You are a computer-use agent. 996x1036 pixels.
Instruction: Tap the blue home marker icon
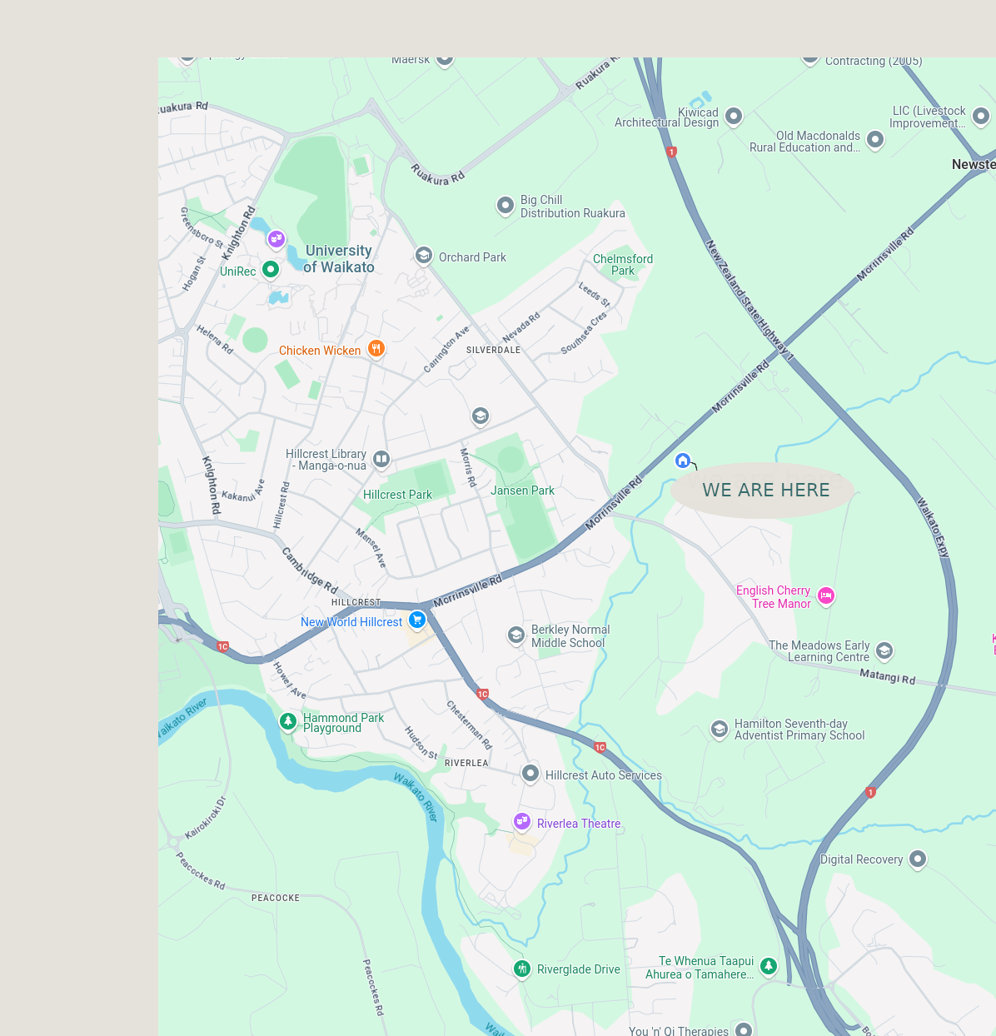[x=683, y=460]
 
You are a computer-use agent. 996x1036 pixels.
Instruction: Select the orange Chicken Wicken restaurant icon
[x=376, y=349]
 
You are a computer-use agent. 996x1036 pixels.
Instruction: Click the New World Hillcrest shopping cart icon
[x=417, y=620]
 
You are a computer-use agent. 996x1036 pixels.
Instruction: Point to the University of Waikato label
[x=339, y=259]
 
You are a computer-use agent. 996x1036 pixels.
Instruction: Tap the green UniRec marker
[x=270, y=270]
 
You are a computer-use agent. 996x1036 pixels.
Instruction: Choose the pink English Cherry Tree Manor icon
[x=826, y=595]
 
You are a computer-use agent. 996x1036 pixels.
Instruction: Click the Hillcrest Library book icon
[x=381, y=458]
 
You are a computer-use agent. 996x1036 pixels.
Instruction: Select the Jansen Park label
[x=522, y=491]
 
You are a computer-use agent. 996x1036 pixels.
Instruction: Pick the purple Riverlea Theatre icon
[x=522, y=822]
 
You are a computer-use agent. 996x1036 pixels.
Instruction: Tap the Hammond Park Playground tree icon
[x=288, y=721]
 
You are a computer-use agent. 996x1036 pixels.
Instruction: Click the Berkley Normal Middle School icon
[x=516, y=635]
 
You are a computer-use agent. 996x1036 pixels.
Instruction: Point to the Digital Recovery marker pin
[x=918, y=858]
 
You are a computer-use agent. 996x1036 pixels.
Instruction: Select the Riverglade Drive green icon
[x=522, y=968]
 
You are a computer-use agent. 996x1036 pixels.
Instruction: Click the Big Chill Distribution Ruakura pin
[x=505, y=205]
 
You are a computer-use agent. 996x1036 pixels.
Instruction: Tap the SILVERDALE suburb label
[x=493, y=351]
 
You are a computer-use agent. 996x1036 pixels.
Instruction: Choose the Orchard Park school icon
[x=424, y=256]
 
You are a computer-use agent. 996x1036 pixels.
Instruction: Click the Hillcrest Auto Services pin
[x=530, y=774]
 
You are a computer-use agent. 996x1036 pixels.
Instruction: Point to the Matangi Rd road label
[x=887, y=677]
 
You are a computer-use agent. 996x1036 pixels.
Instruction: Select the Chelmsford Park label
[x=623, y=265]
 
